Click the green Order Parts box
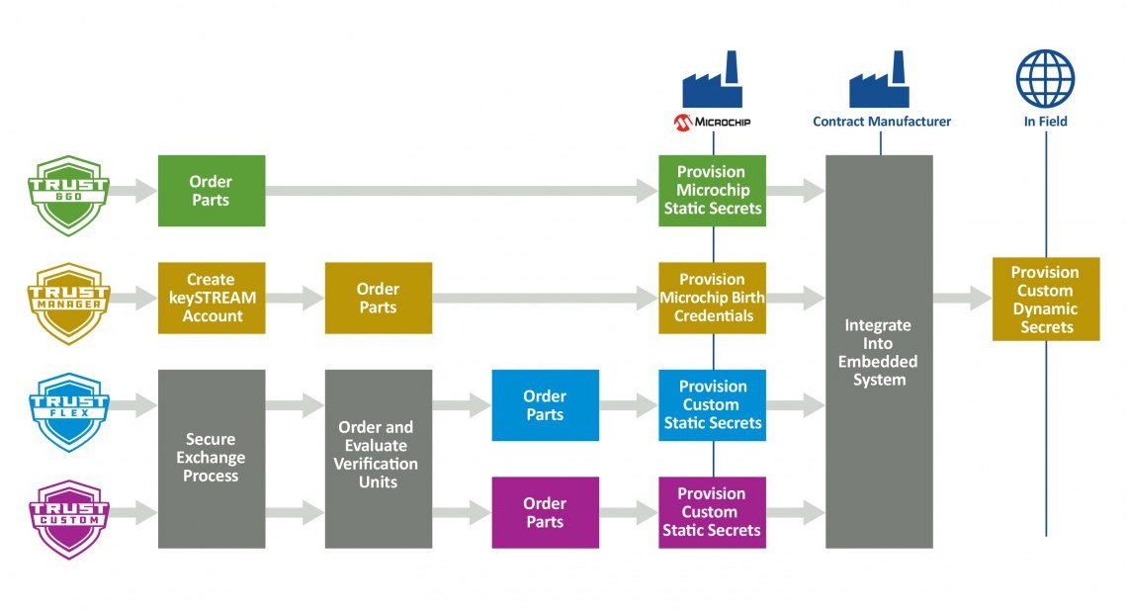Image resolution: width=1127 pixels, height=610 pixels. pyautogui.click(x=211, y=191)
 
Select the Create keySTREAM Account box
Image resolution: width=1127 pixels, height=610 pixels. pyautogui.click(x=211, y=298)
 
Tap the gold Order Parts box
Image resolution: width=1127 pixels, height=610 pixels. pyautogui.click(x=378, y=298)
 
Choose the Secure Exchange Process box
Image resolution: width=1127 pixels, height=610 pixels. pyautogui.click(x=211, y=459)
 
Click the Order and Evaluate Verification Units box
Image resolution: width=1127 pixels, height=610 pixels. pyautogui.click(x=378, y=459)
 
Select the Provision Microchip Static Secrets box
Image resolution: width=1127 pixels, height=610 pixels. pyautogui.click(x=712, y=191)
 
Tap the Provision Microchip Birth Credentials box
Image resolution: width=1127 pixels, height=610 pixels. pyautogui.click(x=712, y=298)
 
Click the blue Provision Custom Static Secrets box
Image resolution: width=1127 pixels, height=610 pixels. pyautogui.click(x=712, y=405)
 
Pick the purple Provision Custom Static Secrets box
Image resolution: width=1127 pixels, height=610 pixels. pyautogui.click(x=712, y=512)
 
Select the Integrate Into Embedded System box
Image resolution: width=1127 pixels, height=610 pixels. pyautogui.click(x=879, y=351)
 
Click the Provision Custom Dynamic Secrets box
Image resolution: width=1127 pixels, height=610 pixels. pyautogui.click(x=1045, y=299)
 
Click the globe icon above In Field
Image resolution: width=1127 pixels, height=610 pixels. pyautogui.click(x=1045, y=79)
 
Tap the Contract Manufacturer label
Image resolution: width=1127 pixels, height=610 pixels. pyautogui.click(x=882, y=122)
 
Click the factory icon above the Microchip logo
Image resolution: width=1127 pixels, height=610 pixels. pyautogui.click(x=712, y=82)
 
